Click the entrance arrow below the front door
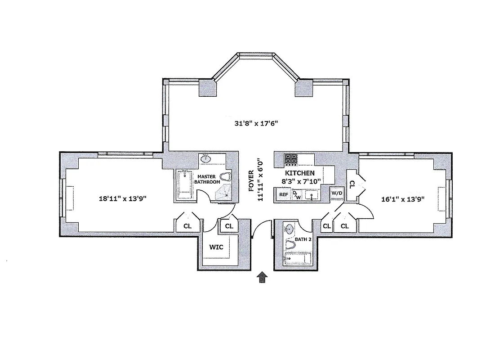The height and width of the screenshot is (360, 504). pos(262,278)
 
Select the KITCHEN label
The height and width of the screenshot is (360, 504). pos(300,173)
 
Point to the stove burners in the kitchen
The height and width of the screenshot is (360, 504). pos(290,159)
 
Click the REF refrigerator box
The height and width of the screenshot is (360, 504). pos(283,194)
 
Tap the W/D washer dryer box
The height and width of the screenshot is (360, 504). pos(336,193)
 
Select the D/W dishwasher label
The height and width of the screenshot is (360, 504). pos(297,195)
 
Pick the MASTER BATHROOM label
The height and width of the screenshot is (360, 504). pos(207,179)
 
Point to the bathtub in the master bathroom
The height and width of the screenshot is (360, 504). pos(184,184)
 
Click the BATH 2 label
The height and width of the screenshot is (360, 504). pos(303,239)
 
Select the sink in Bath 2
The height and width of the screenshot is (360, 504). pos(289,229)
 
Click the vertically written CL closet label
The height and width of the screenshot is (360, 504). pos(352,184)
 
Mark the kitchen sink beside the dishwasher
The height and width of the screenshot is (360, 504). pos(311,195)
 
